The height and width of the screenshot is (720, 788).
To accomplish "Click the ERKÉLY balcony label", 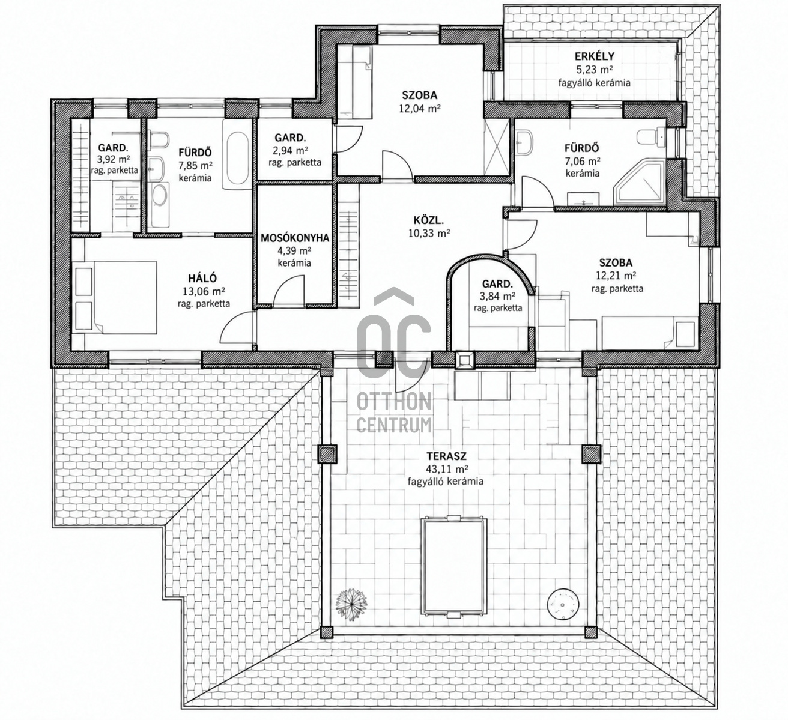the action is point(595,56).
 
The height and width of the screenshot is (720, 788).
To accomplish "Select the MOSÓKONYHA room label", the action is point(295,238).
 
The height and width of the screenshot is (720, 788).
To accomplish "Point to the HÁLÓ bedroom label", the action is point(202,278).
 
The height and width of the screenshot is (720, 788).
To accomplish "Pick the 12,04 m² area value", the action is point(420,109).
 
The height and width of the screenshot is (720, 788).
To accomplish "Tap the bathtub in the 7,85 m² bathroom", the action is point(237,154).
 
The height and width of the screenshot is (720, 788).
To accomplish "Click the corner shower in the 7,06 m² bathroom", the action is point(639,183).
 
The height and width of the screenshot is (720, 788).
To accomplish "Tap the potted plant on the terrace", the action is point(351,604).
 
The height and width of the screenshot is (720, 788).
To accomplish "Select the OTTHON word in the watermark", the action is point(393,402).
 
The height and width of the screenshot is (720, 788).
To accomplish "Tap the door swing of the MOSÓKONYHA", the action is point(289,291).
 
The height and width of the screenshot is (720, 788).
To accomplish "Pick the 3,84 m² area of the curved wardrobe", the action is point(498,296).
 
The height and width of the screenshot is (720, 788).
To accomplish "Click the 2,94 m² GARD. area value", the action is point(291,150).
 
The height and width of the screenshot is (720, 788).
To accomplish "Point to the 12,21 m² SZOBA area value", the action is point(616,276).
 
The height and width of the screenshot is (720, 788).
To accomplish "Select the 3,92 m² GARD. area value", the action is point(114,160).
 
